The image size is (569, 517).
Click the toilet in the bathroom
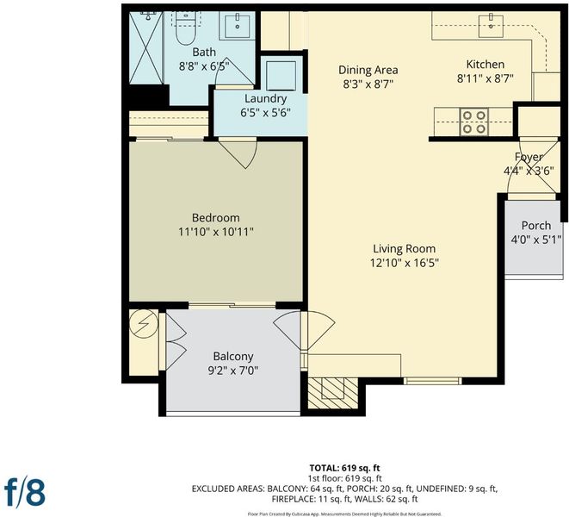185,28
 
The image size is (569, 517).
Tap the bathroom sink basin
238,26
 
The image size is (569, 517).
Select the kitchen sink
491,26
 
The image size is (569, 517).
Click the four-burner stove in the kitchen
474,121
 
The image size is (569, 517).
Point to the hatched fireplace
332,393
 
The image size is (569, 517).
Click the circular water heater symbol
144,323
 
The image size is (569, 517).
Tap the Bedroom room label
215,218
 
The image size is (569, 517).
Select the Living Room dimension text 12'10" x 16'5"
405,263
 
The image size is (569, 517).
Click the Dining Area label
368,70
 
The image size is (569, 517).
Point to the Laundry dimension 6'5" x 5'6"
265,113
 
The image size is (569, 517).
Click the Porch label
536,225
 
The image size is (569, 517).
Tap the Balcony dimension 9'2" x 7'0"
233,371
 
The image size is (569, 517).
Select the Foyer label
529,157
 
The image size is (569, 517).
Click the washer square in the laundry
281,76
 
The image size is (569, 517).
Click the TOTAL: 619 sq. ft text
344,468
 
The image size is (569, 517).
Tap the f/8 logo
25,493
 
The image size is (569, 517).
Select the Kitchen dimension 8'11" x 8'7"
486,78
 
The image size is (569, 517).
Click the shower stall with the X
145,48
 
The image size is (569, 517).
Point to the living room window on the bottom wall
432,381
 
